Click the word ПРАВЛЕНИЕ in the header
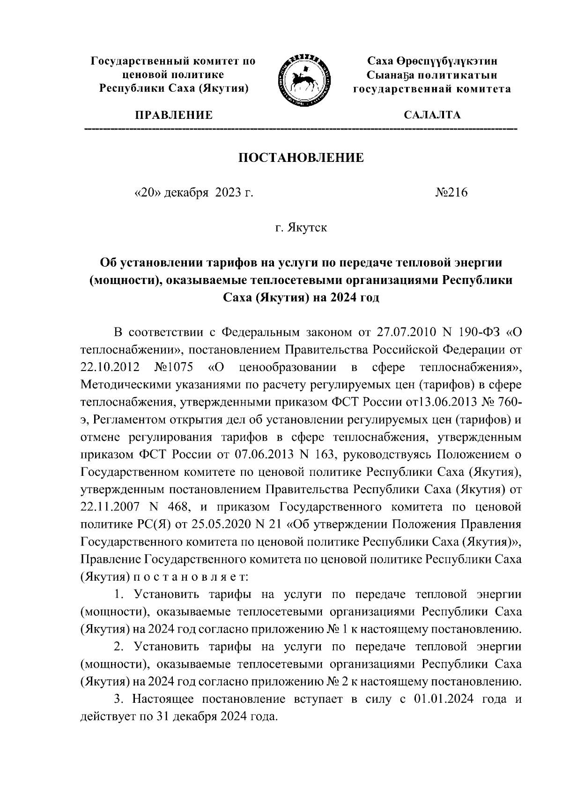point(174,115)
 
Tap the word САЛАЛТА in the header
point(432,115)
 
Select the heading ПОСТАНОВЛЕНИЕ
point(301,158)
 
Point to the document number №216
point(451,193)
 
